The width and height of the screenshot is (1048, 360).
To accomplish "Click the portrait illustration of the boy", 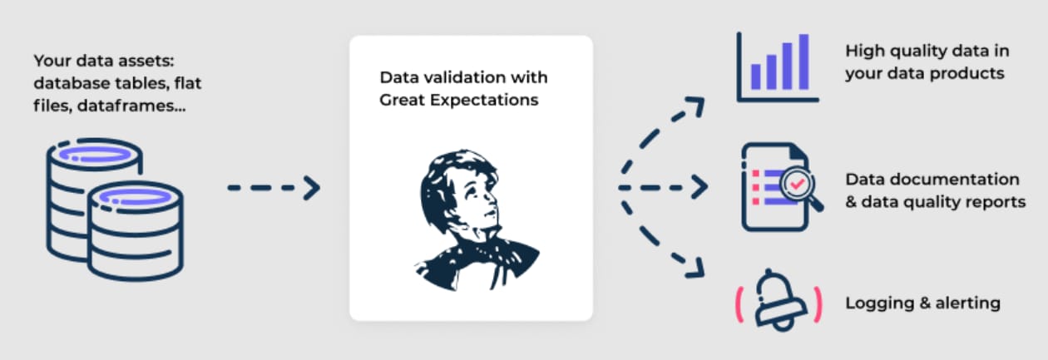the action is (477, 219).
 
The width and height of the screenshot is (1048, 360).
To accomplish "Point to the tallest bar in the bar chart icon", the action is (803, 62).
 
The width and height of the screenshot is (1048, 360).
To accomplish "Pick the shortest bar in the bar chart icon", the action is (755, 76).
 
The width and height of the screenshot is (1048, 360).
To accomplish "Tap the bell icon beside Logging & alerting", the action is (779, 301).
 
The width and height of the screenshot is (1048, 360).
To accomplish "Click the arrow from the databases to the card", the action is (274, 188).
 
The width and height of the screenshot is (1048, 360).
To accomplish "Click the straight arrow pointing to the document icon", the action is (662, 187).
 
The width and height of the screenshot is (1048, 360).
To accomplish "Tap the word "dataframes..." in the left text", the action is (131, 106).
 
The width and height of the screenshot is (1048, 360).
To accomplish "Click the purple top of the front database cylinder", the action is (136, 196).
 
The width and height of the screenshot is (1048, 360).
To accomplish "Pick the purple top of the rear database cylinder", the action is (95, 154).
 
